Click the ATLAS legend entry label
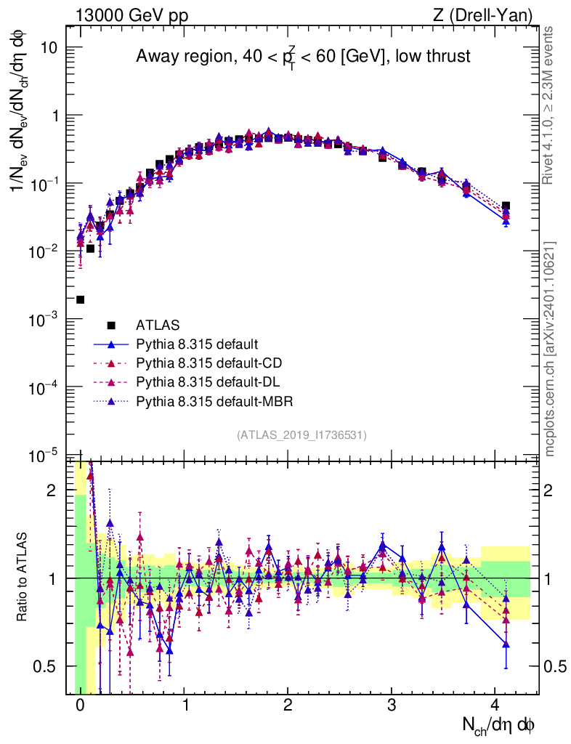157,325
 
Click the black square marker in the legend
110,325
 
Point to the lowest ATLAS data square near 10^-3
80,299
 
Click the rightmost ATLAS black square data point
506,206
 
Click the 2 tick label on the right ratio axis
551,490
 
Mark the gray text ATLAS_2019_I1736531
301,434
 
